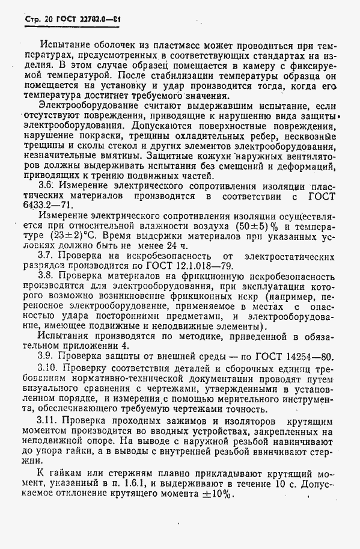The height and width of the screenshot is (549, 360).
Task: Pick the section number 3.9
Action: [47, 357]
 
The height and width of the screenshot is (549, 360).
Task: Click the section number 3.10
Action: [48, 367]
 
